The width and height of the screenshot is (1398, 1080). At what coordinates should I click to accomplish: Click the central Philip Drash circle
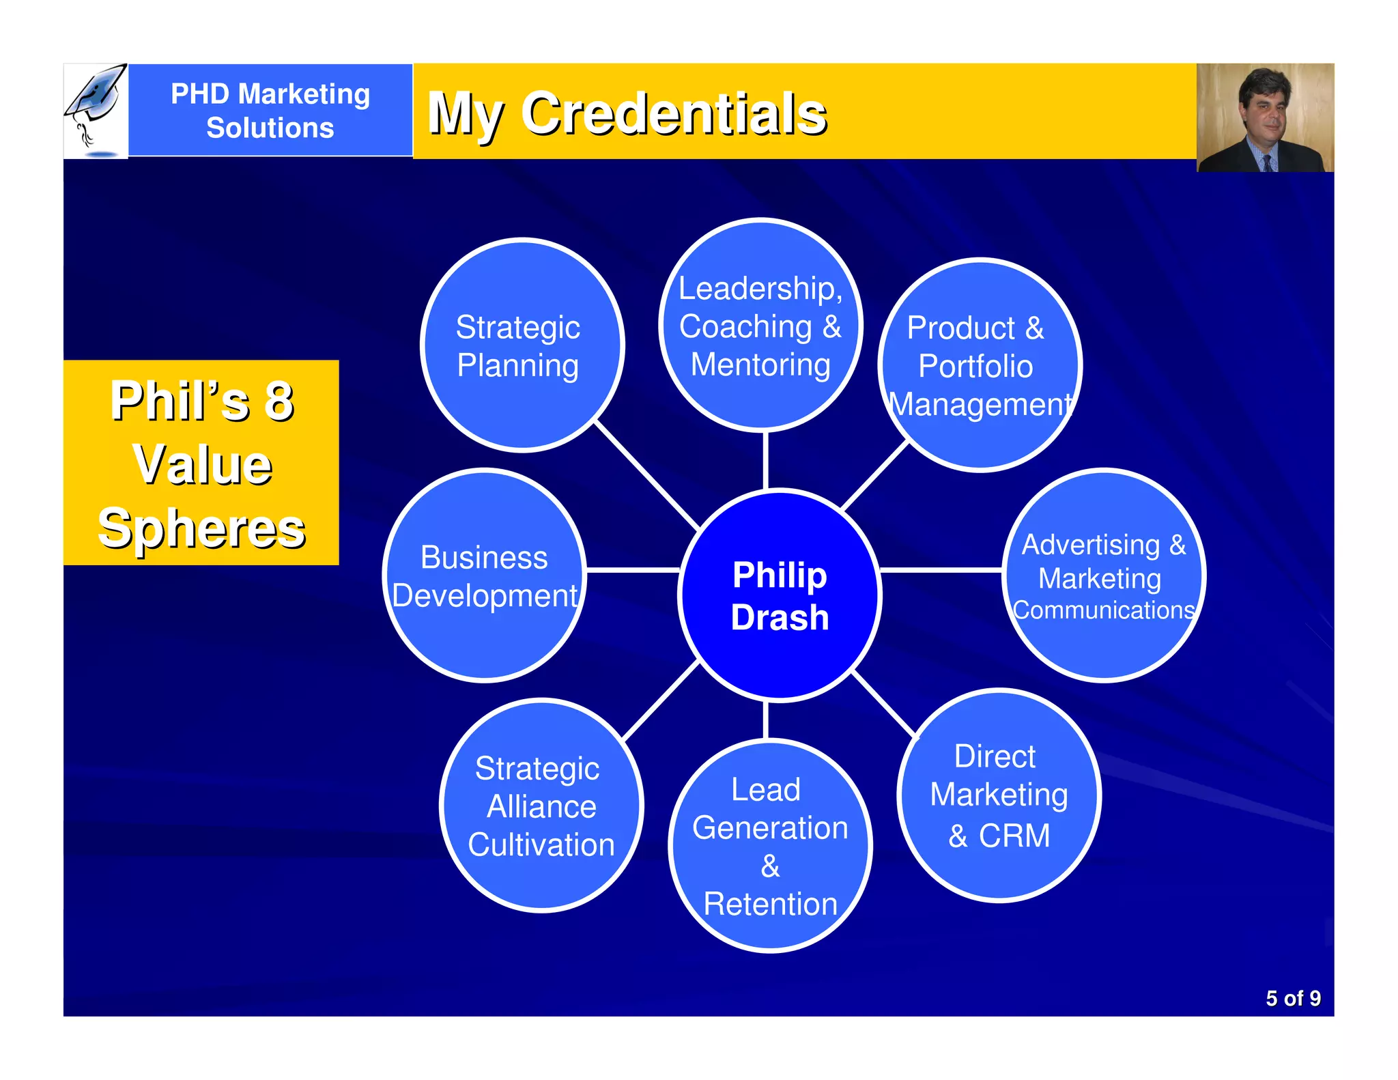coord(780,595)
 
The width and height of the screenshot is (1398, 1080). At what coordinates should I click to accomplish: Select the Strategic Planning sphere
coord(522,345)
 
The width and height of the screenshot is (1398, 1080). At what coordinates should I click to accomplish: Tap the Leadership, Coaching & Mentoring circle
coord(760,325)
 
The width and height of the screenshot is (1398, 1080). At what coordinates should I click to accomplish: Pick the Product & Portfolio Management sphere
coord(980,365)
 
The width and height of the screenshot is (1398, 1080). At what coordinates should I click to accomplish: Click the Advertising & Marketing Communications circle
coord(1103,575)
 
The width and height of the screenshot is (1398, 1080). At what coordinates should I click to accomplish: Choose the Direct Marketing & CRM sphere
coord(999,795)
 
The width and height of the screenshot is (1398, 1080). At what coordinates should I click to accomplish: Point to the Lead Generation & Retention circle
coord(770,846)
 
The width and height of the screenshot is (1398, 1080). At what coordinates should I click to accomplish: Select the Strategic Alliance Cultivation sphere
coord(541,806)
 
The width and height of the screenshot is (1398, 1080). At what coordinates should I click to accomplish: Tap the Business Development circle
coord(485,575)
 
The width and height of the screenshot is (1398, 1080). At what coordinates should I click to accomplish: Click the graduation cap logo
coord(96,109)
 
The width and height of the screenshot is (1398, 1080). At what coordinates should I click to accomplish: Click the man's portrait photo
coord(1265,117)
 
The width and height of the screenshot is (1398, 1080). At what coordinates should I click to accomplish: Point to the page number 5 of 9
coord(1292,998)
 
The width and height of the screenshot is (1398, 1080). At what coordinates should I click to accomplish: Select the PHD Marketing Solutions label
coord(270,111)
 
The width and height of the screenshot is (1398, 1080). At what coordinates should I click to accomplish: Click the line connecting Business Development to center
coord(633,569)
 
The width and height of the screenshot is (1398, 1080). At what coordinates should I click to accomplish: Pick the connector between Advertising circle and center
coord(941,569)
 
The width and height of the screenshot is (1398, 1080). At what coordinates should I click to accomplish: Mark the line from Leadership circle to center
coord(766,460)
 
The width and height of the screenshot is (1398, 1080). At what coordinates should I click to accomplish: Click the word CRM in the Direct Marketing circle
coord(1014,836)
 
